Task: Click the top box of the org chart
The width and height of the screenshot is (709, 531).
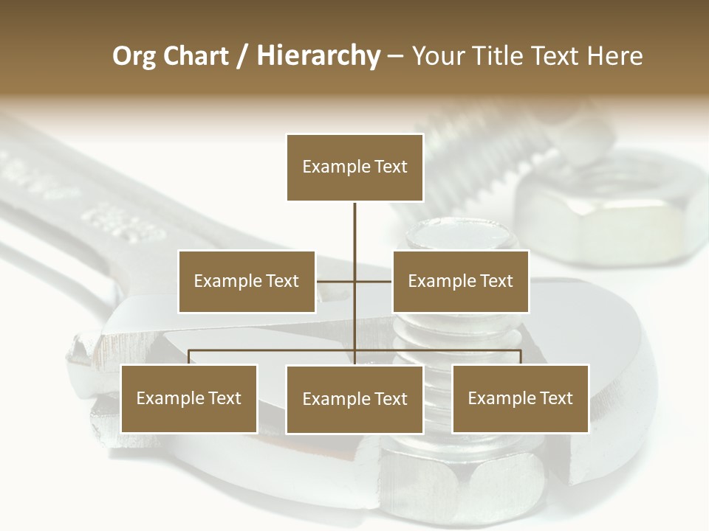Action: coord(354,167)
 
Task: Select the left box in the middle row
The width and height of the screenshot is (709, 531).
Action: coord(247,281)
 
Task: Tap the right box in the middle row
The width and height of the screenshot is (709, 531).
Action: coord(460,281)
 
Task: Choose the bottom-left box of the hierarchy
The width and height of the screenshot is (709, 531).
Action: coord(189,398)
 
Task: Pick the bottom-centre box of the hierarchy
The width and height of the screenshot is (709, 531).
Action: coord(354,399)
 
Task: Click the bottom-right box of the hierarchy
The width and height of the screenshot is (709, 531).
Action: coord(520,398)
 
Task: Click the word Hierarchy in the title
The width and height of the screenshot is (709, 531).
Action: coord(318,55)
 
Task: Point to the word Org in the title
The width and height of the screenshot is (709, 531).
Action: coord(133,56)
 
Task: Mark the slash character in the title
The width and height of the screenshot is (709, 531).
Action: coord(243,56)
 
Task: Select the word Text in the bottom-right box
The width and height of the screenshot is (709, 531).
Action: coord(555,398)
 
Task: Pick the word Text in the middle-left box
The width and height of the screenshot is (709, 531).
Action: coord(282,281)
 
